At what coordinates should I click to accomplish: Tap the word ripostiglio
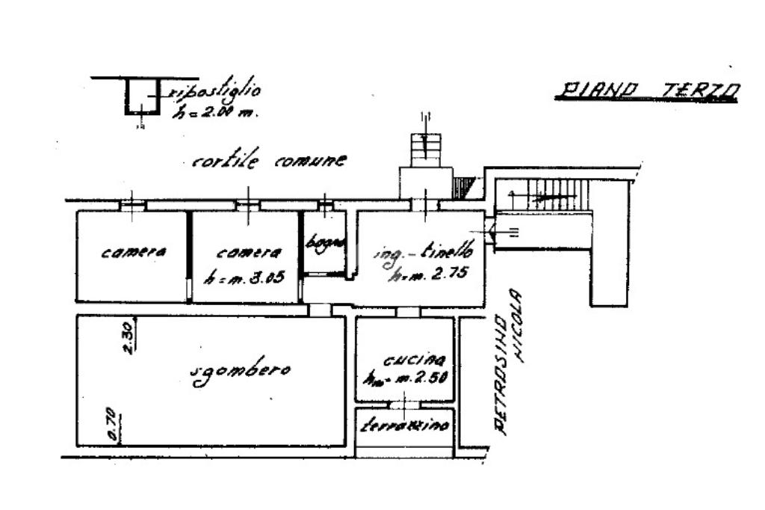(215, 93)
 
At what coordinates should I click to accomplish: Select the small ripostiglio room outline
(142, 96)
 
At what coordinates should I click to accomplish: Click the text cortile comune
(269, 161)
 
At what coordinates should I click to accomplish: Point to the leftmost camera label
(133, 253)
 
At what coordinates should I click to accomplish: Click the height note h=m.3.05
(243, 277)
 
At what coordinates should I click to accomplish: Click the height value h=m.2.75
(428, 274)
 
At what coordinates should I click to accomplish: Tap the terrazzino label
(404, 426)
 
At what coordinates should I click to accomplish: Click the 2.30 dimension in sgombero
(128, 337)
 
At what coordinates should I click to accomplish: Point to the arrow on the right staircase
(553, 197)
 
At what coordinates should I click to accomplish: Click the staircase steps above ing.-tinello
(424, 146)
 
